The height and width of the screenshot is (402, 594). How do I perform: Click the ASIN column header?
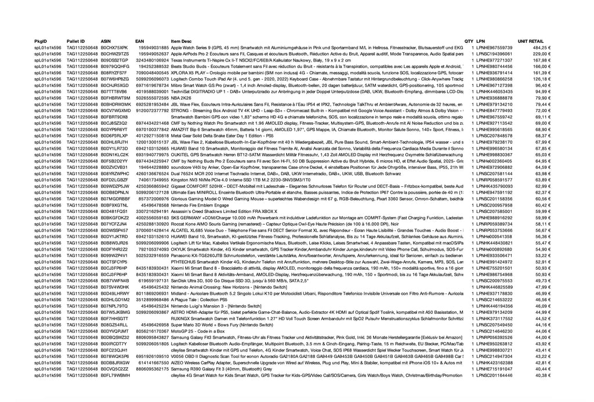click(106, 41)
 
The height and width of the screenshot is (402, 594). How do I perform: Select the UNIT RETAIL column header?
click(530, 41)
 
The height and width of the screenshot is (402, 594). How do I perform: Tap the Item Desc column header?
click(181, 41)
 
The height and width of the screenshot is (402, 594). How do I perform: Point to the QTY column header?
click(469, 41)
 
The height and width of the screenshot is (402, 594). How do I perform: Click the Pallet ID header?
click(75, 41)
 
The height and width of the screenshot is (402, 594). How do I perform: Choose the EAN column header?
click(139, 41)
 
